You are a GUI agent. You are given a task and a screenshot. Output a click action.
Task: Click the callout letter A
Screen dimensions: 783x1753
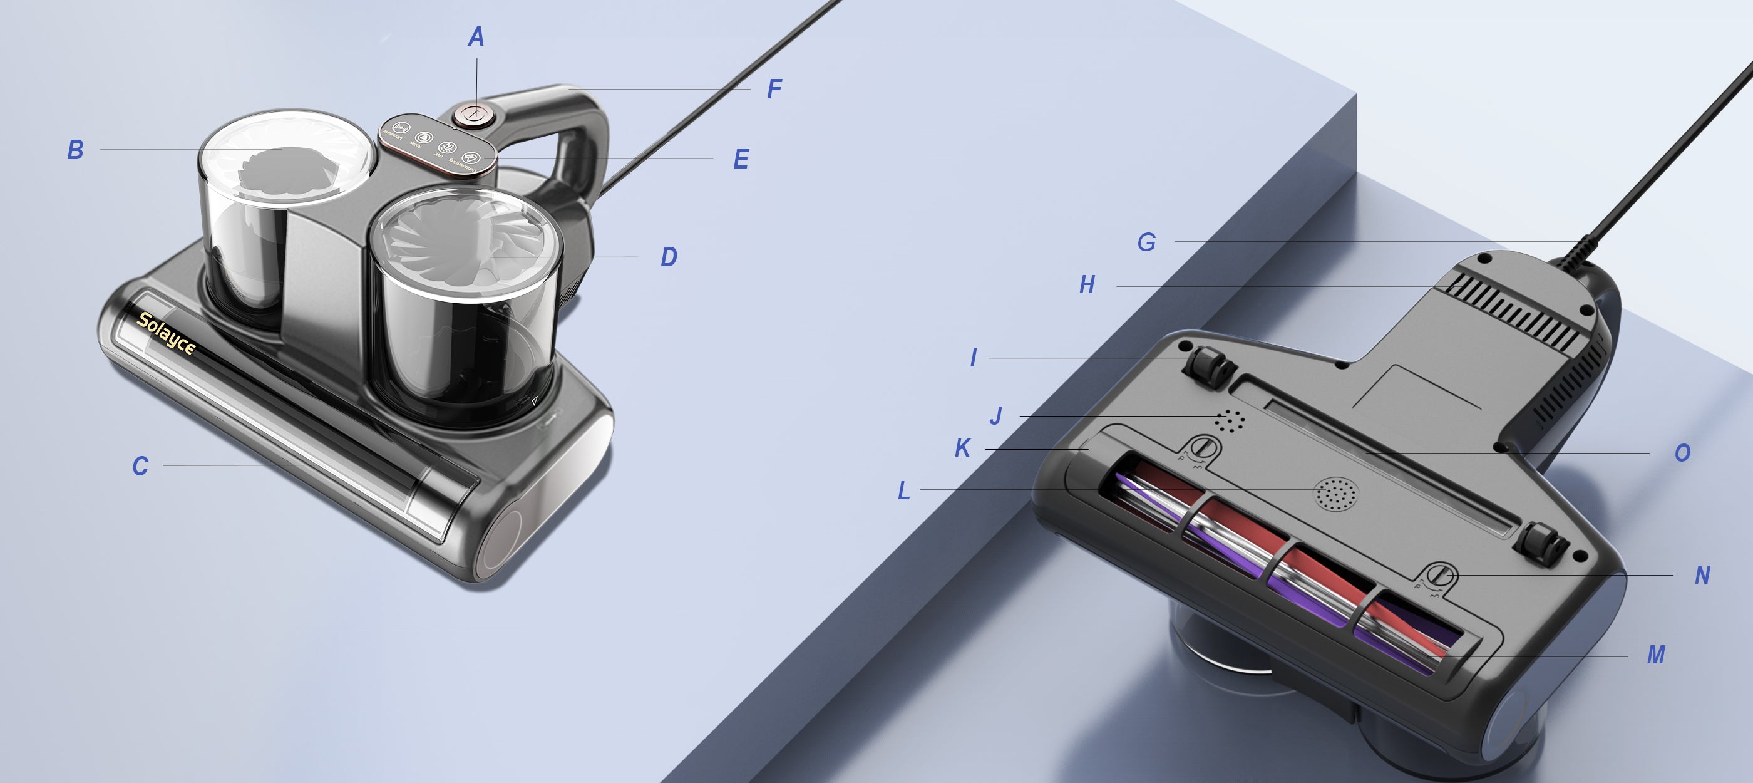pyautogui.click(x=476, y=37)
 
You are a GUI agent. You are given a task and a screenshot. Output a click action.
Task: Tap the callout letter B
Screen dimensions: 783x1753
pyautogui.click(x=76, y=150)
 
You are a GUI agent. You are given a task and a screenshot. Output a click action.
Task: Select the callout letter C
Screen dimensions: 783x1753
pyautogui.click(x=140, y=467)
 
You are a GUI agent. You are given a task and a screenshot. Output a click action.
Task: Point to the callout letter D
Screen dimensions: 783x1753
pyautogui.click(x=669, y=257)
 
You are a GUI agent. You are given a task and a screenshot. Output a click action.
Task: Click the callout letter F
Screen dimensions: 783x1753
pyautogui.click(x=774, y=89)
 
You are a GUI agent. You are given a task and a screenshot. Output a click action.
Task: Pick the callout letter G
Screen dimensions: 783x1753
pyautogui.click(x=1147, y=242)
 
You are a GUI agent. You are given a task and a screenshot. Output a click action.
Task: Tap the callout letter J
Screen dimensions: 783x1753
pyautogui.click(x=996, y=416)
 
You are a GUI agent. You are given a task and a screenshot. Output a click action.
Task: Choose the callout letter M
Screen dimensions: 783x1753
pyautogui.click(x=1656, y=655)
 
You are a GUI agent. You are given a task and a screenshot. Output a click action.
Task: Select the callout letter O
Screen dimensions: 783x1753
pyautogui.click(x=1682, y=453)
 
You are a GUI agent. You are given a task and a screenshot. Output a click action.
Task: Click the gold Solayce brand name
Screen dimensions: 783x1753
pyautogui.click(x=166, y=334)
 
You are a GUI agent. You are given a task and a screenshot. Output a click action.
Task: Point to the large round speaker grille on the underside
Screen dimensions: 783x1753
pyautogui.click(x=1335, y=494)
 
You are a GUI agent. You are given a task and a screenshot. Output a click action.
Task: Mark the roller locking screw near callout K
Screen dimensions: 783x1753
pyautogui.click(x=1203, y=449)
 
